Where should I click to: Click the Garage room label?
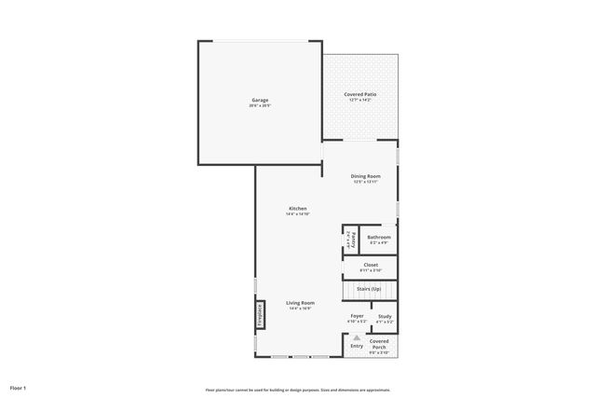pyautogui.click(x=260, y=100)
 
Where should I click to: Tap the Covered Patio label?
pyautogui.click(x=360, y=93)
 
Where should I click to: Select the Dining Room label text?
pyautogui.click(x=366, y=176)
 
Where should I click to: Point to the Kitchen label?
pyautogui.click(x=297, y=208)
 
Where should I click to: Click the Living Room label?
pyautogui.click(x=300, y=303)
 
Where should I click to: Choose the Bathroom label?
pyautogui.click(x=379, y=238)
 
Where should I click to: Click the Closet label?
pyautogui.click(x=371, y=265)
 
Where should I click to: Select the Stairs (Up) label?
pyautogui.click(x=369, y=289)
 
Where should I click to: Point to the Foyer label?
pyautogui.click(x=357, y=316)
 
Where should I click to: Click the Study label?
pyautogui.click(x=385, y=316)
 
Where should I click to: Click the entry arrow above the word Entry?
pyautogui.click(x=356, y=337)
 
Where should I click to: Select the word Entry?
pyautogui.click(x=356, y=347)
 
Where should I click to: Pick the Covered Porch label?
pyautogui.click(x=379, y=344)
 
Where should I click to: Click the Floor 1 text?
pyautogui.click(x=19, y=387)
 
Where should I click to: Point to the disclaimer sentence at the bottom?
pyautogui.click(x=298, y=390)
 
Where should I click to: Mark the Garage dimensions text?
pyautogui.click(x=260, y=105)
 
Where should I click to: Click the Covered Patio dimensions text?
pyautogui.click(x=360, y=99)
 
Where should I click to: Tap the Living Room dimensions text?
pyautogui.click(x=300, y=309)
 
